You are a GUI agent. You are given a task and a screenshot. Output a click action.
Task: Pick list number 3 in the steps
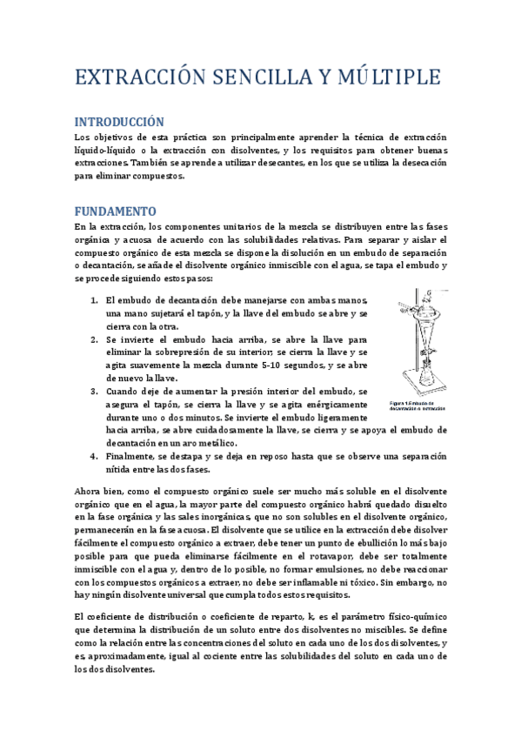point(97,392)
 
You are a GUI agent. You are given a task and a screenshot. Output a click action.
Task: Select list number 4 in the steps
point(97,456)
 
